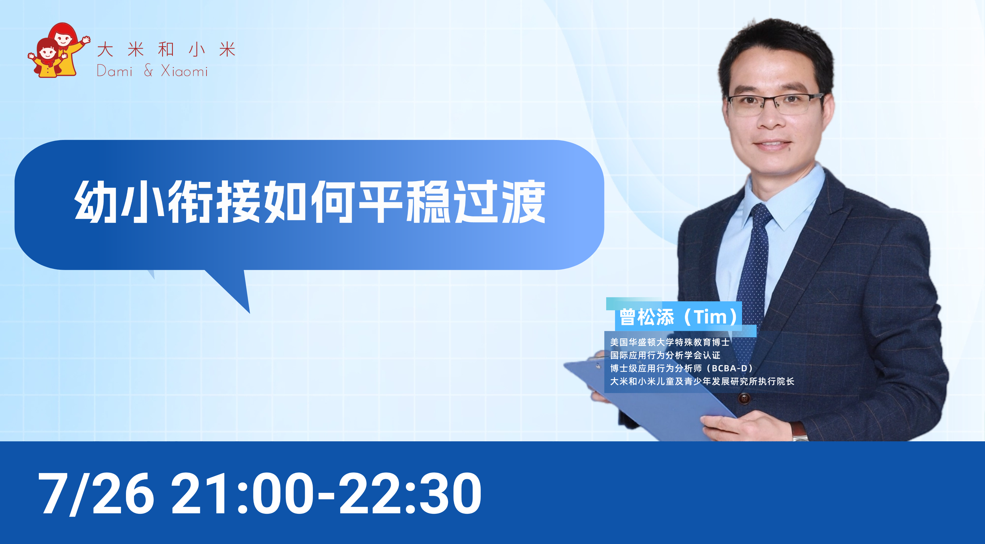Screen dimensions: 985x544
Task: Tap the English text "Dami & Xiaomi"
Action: coord(152,71)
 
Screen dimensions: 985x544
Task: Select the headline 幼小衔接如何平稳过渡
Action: coord(310,201)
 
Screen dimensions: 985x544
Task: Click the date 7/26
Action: coord(96,493)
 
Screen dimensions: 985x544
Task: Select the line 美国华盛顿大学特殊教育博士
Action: coord(670,342)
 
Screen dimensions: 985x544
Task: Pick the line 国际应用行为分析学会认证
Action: coord(665,355)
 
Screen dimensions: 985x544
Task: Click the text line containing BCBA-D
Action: coord(681,368)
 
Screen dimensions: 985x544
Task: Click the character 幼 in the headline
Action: coord(96,201)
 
